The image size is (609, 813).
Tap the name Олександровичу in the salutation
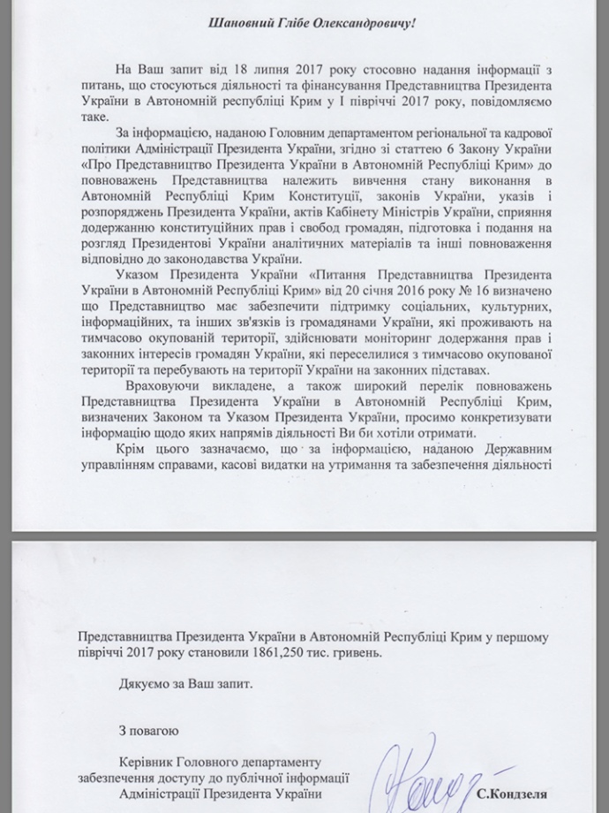pos(347,22)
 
